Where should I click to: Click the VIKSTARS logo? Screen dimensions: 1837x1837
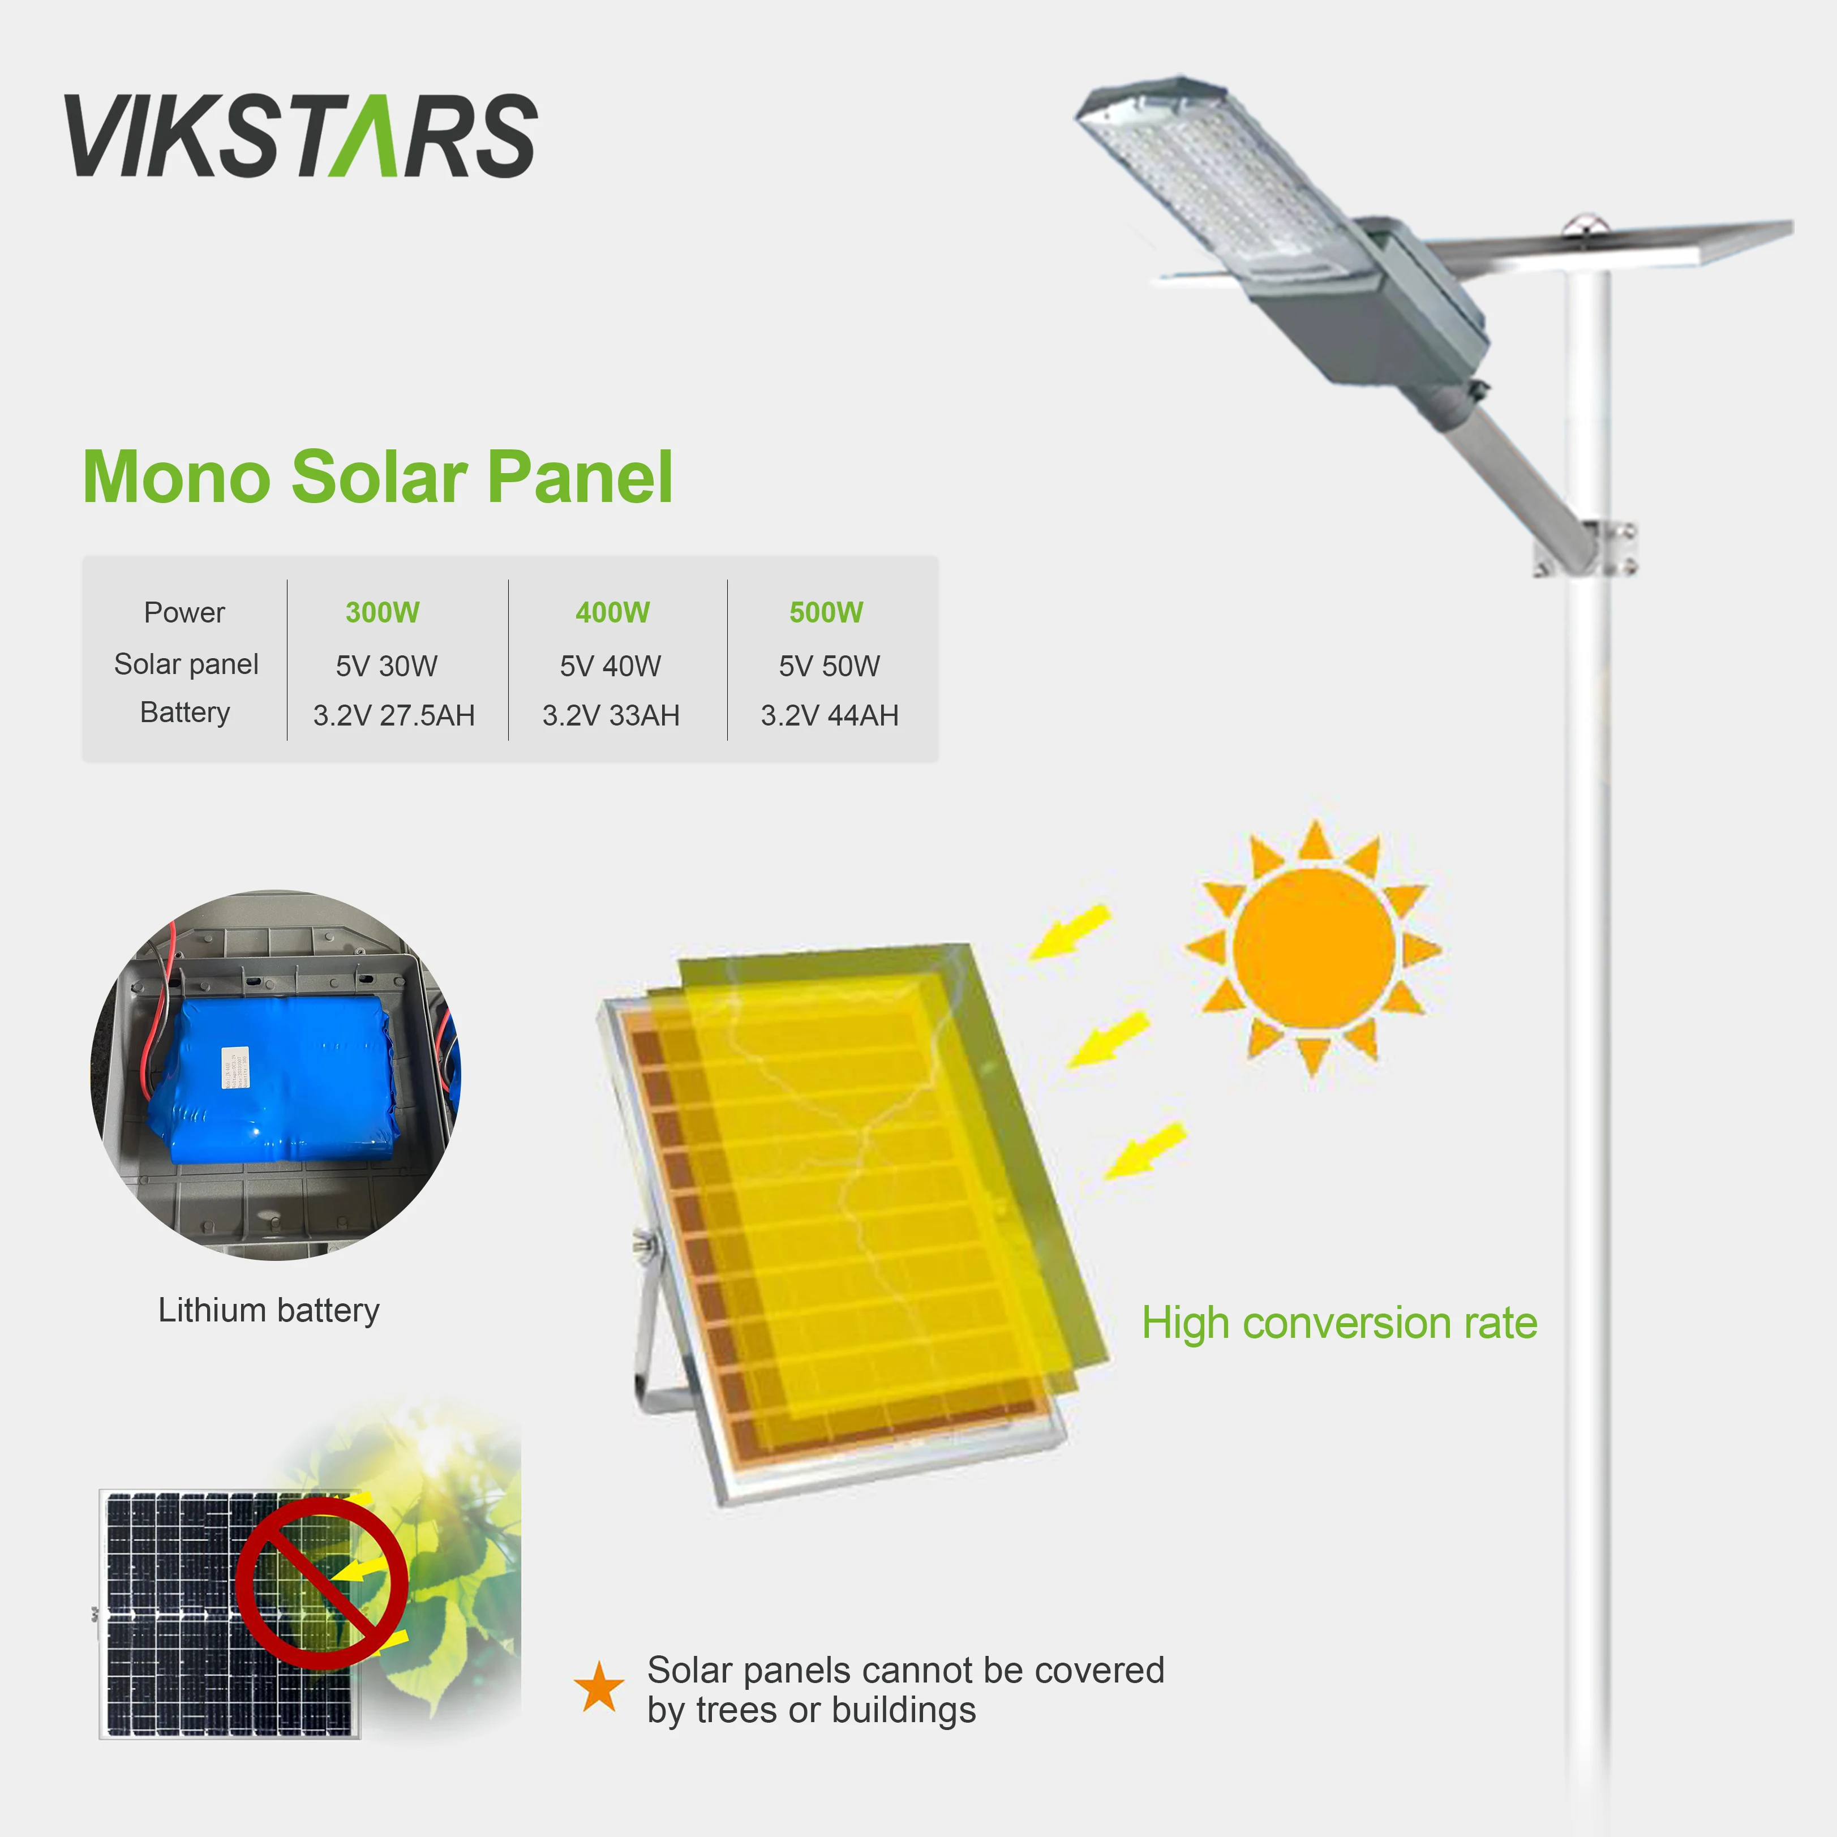[x=301, y=135]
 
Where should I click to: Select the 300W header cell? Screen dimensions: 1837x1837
[x=382, y=612]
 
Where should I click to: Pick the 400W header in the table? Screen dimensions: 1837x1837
[x=612, y=612]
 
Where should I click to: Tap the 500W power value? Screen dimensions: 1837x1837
[x=826, y=612]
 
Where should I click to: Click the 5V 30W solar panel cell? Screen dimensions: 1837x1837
[x=386, y=666]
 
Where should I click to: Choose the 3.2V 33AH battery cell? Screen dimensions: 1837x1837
[x=611, y=715]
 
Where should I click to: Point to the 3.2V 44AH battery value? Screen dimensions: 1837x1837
[x=829, y=715]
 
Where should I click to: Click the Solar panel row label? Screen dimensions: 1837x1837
[x=186, y=664]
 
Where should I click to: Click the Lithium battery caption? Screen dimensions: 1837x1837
[x=268, y=1310]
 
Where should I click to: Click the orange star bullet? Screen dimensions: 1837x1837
[x=599, y=1687]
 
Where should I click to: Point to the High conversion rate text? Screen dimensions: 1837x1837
[x=1339, y=1323]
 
